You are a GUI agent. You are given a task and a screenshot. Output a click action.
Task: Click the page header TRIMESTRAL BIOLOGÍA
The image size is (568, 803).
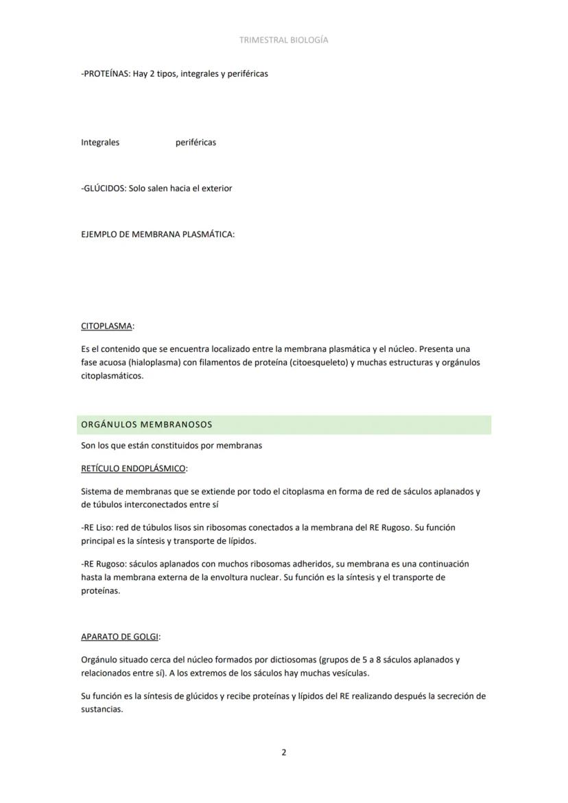[x=283, y=40]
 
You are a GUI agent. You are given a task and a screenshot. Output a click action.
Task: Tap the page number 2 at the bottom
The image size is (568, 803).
[x=284, y=752]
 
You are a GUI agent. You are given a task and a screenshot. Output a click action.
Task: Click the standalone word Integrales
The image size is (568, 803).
[x=100, y=143]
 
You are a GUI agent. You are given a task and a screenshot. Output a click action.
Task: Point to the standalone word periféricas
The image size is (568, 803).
[x=196, y=143]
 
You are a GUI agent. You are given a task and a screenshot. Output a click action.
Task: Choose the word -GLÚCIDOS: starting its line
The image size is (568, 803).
[x=103, y=189]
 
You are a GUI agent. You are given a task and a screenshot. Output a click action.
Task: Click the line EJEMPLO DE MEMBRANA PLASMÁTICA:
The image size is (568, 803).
[x=158, y=235]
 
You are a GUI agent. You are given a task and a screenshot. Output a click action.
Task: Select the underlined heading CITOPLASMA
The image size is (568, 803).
[x=106, y=326]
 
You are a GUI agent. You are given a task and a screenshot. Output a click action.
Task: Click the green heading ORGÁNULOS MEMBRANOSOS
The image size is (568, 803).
[x=147, y=425]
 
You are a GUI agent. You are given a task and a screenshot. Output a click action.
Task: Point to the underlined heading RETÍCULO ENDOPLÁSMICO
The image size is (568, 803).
[x=133, y=469]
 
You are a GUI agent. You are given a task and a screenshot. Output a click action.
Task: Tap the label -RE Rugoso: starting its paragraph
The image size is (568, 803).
[x=104, y=564]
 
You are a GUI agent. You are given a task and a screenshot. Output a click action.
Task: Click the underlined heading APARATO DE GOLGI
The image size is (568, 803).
[x=119, y=637]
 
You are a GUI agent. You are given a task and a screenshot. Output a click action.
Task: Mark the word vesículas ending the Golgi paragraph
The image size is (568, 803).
[x=349, y=673]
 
